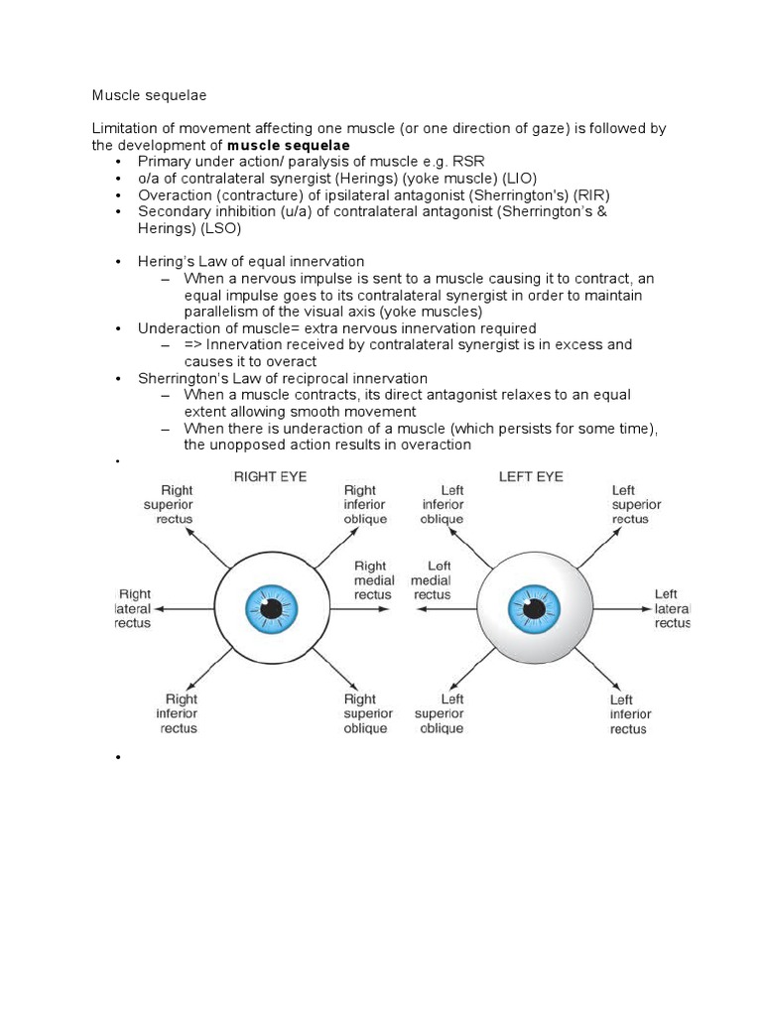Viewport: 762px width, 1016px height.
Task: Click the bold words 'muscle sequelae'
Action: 289,145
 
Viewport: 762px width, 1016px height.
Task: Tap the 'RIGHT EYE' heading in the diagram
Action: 270,476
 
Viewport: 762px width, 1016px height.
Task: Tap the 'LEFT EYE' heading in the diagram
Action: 532,476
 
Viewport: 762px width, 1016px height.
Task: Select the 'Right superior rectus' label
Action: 169,504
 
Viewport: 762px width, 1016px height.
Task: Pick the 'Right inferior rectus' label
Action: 180,713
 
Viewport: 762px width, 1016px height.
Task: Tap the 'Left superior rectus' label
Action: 636,504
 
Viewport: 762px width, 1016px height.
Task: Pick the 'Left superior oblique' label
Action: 439,713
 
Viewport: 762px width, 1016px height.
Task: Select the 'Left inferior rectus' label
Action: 630,713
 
